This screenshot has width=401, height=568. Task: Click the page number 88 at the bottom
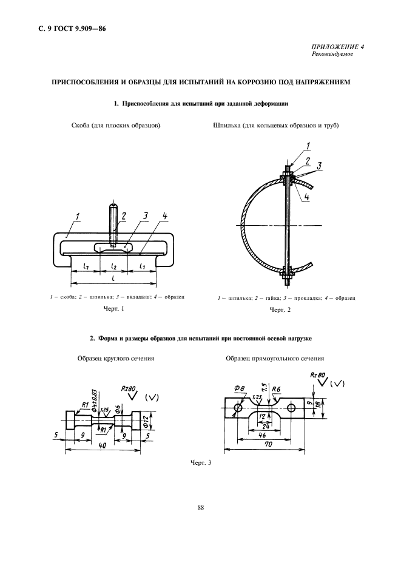coord(200,508)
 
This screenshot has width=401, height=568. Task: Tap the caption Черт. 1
coord(113,310)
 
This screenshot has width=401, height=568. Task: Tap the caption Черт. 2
coord(280,311)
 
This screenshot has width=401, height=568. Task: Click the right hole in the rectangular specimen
coord(292,408)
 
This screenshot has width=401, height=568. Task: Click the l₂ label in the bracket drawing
coord(114,266)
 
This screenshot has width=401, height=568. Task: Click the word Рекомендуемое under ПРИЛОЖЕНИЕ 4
coord(334,55)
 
